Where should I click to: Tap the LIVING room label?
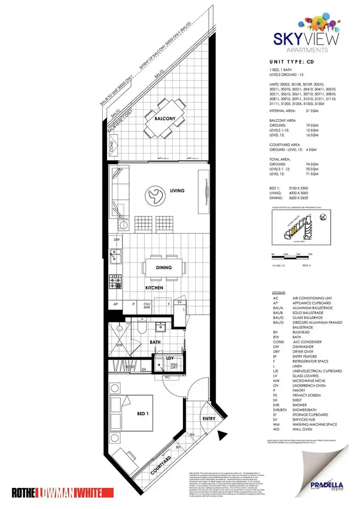pyautogui.click(x=176, y=190)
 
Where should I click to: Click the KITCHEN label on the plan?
pyautogui.click(x=155, y=288)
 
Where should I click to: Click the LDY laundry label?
pyautogui.click(x=169, y=358)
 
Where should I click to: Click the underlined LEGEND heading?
pyautogui.click(x=278, y=293)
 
